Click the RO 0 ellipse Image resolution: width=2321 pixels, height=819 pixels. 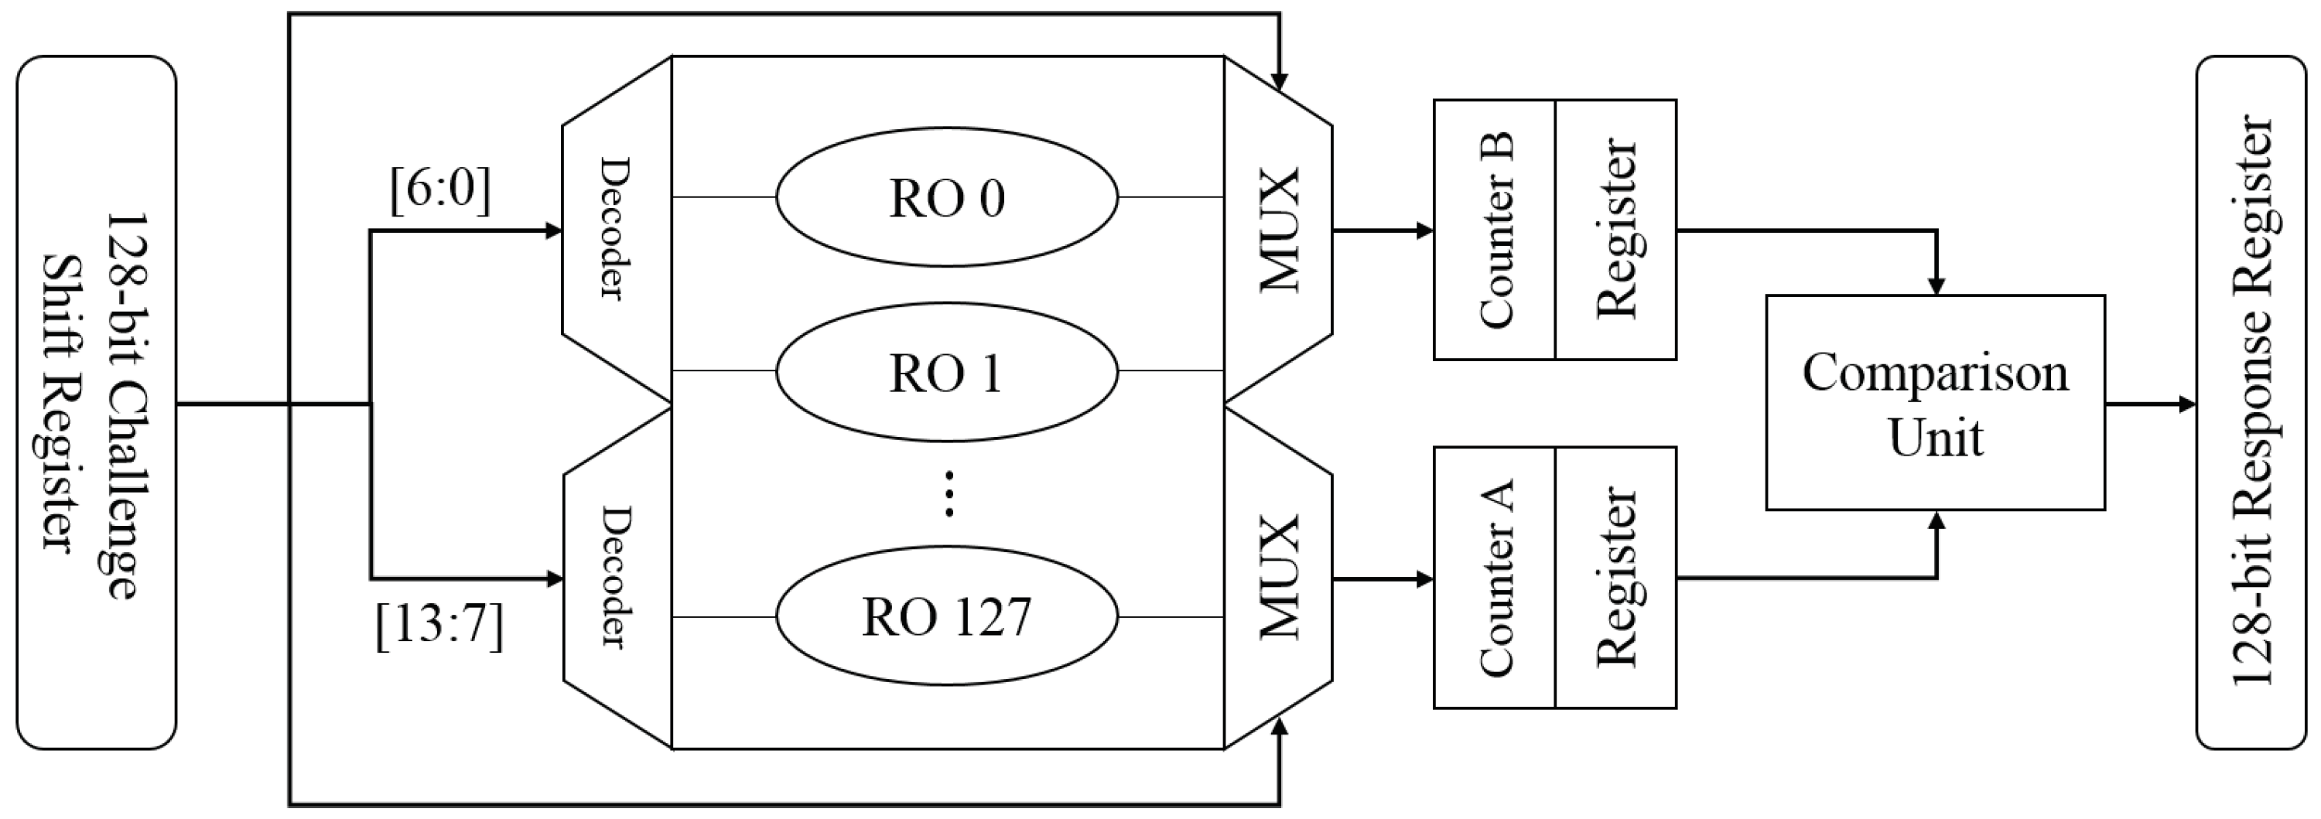click(947, 197)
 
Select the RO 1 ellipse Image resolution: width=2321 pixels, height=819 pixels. click(947, 371)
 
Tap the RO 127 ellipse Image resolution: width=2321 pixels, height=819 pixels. click(947, 617)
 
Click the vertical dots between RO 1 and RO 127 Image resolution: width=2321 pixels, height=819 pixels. click(949, 493)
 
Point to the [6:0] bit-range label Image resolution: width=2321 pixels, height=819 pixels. click(440, 190)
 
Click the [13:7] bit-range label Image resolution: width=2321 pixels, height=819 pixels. click(439, 626)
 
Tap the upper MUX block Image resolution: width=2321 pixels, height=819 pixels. click(1277, 230)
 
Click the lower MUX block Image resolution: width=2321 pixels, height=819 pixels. click(1277, 577)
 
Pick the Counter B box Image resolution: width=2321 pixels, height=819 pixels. click(1495, 230)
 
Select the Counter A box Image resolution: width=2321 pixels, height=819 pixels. click(1495, 578)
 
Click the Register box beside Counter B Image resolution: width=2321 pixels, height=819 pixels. click(1615, 230)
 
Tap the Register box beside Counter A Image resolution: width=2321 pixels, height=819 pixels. click(1615, 578)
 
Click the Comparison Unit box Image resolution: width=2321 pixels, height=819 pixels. click(1934, 403)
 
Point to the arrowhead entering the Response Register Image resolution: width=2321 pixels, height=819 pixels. click(2188, 404)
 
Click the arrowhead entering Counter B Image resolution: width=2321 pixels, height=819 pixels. click(1424, 230)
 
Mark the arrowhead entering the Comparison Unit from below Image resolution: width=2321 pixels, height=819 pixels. click(1936, 520)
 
